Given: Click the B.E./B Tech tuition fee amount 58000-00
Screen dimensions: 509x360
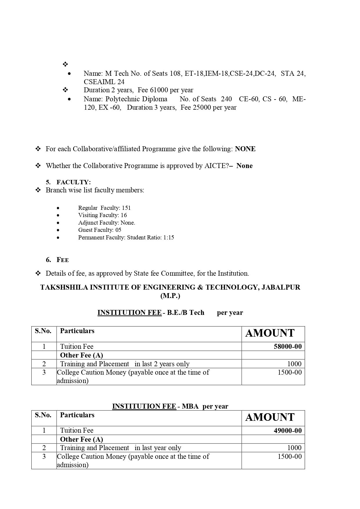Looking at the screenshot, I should click(287, 346).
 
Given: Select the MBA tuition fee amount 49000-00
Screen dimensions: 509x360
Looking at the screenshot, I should click(287, 431).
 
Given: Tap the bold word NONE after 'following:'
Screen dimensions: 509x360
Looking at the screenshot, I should click(245, 149).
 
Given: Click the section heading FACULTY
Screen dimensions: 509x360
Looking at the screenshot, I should click(73, 182).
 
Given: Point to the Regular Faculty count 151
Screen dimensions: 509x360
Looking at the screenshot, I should click(126, 208).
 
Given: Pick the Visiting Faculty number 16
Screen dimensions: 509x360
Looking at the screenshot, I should click(124, 215).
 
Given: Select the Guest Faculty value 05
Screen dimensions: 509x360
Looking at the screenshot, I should click(118, 230).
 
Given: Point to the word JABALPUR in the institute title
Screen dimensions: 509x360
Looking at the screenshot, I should click(281, 287).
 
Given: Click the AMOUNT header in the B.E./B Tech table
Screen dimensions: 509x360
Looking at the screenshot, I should click(270, 333).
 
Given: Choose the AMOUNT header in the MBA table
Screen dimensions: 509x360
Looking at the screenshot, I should click(270, 417).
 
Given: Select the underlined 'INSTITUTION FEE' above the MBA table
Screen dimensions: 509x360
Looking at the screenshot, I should click(144, 406).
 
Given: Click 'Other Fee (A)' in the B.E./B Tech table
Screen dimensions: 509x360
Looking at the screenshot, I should click(82, 355).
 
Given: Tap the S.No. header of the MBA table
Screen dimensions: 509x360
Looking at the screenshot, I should click(43, 415).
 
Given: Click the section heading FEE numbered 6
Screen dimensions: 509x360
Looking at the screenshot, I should click(63, 260).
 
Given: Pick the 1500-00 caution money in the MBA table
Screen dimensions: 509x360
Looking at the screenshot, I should click(290, 456).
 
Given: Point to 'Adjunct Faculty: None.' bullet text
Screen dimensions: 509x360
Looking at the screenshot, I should click(106, 223).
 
